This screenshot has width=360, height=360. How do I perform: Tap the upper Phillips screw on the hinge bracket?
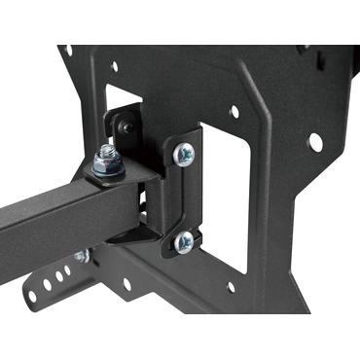coord(183,152)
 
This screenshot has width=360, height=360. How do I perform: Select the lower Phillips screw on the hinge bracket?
coord(183,243)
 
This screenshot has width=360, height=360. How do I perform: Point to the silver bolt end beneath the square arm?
coord(83,256)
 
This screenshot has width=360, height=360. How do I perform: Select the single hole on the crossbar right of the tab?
coord(126,285)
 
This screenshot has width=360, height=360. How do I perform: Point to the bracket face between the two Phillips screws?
coord(182,198)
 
